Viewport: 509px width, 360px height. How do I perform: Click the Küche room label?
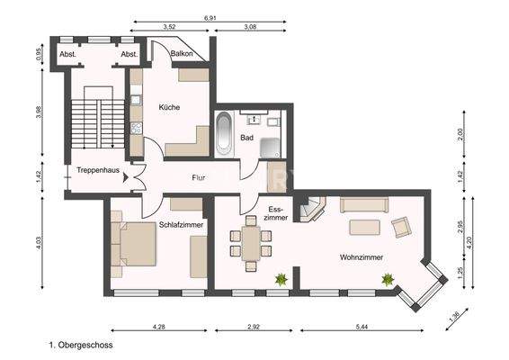(x=169, y=107)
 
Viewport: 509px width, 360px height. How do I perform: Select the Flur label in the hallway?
(x=199, y=177)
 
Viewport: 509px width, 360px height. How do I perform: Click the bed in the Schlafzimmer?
(x=134, y=244)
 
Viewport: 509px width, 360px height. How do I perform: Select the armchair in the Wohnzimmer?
(x=402, y=227)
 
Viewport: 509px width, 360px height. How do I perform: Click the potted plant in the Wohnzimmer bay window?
(x=388, y=280)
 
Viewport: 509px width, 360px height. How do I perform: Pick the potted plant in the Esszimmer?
(x=281, y=280)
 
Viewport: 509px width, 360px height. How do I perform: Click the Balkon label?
(x=183, y=54)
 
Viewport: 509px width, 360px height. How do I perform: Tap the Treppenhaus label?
(x=97, y=169)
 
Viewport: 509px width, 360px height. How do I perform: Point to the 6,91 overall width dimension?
(x=210, y=17)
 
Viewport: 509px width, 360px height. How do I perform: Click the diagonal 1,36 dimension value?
(x=455, y=316)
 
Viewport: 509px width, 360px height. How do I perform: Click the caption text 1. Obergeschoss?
(x=80, y=344)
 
